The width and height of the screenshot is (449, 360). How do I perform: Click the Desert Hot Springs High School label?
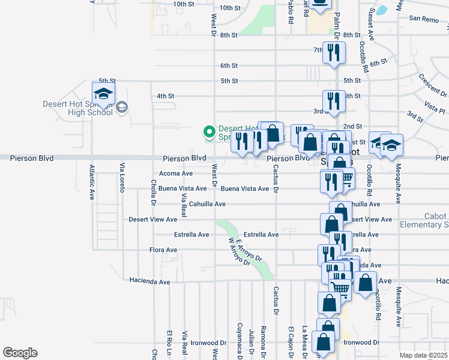tap(77, 107)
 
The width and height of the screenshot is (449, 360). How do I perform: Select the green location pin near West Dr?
tap(209, 131)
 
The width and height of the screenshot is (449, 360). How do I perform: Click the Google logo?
tap(20, 353)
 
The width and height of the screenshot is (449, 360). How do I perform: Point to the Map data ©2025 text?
tap(423, 355)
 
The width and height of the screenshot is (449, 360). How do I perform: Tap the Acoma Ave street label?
tap(175, 173)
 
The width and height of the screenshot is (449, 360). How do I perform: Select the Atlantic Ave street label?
tap(92, 182)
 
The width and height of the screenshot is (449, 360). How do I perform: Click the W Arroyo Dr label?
tap(239, 252)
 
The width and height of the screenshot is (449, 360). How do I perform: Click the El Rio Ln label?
tap(170, 342)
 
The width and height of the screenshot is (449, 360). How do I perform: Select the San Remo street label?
tap(424, 19)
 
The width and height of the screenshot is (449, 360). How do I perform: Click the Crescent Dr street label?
tap(433, 86)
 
